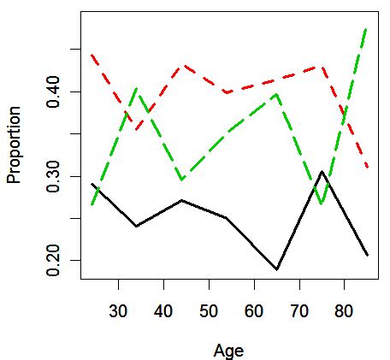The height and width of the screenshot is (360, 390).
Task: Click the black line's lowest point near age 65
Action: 277,269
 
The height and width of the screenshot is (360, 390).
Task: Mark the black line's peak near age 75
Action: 322,172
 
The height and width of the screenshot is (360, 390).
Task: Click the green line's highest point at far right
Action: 366,29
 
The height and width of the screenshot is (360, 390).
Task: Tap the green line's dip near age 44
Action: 181,180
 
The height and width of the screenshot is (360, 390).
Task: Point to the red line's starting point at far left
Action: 92,55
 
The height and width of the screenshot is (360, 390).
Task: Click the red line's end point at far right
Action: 367,167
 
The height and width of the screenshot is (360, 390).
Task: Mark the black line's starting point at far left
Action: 92,183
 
